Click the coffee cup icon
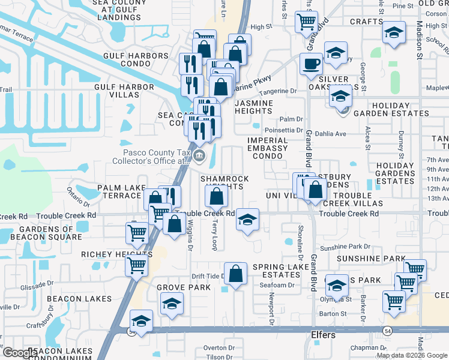311,64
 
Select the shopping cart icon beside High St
306,22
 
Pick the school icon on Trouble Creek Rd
247,220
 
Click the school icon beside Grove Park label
172,304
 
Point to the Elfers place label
323,335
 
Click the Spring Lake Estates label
276,271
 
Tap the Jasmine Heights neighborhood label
253,107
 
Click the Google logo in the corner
19,353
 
